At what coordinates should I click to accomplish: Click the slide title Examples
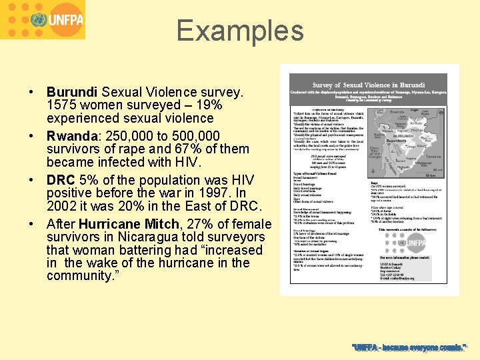pyautogui.click(x=240, y=31)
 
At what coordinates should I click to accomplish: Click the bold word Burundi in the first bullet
pyautogui.click(x=72, y=92)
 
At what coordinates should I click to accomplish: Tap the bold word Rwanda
pyautogui.click(x=71, y=136)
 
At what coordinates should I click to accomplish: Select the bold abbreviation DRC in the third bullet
pyautogui.click(x=61, y=180)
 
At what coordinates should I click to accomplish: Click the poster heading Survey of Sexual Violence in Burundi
pyautogui.click(x=369, y=85)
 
